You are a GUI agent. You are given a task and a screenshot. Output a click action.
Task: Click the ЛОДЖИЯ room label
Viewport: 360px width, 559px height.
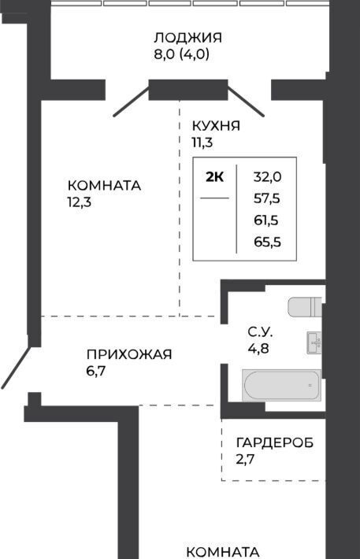pyautogui.click(x=188, y=38)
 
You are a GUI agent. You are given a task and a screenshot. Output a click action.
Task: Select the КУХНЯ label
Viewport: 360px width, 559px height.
pyautogui.click(x=216, y=126)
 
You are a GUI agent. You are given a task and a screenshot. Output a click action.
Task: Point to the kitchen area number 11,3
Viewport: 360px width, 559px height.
pyautogui.click(x=202, y=143)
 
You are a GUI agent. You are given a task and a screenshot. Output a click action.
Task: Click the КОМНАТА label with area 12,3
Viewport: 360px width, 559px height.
pyautogui.click(x=105, y=186)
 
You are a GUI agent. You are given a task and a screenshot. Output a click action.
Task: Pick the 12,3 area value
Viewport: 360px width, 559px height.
pyautogui.click(x=80, y=202)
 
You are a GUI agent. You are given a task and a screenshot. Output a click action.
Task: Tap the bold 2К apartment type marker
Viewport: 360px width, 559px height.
pyautogui.click(x=215, y=177)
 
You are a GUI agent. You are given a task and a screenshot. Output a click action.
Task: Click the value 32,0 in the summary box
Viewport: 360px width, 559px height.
pyautogui.click(x=268, y=177)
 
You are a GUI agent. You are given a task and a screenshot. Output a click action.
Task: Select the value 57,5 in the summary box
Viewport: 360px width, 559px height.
pyautogui.click(x=267, y=198)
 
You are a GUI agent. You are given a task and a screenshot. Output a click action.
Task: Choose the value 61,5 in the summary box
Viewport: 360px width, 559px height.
pyautogui.click(x=266, y=220)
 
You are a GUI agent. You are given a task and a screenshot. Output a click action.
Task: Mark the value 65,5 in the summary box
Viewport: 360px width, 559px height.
pyautogui.click(x=268, y=242)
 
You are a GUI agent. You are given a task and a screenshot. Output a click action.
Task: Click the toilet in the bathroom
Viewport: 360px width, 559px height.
pyautogui.click(x=305, y=306)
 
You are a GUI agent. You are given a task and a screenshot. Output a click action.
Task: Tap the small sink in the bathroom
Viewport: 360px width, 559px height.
pyautogui.click(x=314, y=343)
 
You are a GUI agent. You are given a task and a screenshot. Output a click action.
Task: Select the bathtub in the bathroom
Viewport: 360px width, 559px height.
pyautogui.click(x=282, y=385)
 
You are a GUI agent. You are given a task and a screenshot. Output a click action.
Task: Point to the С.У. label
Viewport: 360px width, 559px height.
pyautogui.click(x=261, y=332)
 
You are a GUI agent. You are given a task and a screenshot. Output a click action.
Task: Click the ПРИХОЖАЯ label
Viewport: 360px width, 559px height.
pyautogui.click(x=129, y=355)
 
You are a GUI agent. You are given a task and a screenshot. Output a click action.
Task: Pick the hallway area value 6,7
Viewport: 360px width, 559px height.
pyautogui.click(x=96, y=372)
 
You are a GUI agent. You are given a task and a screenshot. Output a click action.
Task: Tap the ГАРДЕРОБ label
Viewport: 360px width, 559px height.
pyautogui.click(x=275, y=442)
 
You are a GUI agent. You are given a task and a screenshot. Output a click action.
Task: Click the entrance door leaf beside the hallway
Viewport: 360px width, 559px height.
pyautogui.click(x=16, y=367)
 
